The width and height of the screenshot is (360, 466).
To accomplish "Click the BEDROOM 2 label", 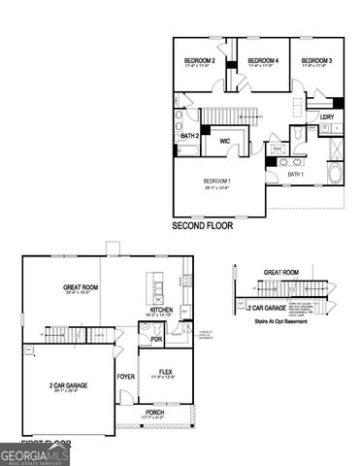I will point(199,61).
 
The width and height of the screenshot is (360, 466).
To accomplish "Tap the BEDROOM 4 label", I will point(263,61).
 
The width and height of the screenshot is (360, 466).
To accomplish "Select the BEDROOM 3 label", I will point(316,61).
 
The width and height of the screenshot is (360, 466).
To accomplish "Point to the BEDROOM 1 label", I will point(216,183).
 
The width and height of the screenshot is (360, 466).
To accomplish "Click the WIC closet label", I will point(224,141).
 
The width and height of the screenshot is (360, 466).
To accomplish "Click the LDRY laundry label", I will point(327,117).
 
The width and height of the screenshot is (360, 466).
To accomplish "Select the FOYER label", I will point(126,376).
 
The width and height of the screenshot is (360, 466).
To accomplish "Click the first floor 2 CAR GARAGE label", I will point(68,385).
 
